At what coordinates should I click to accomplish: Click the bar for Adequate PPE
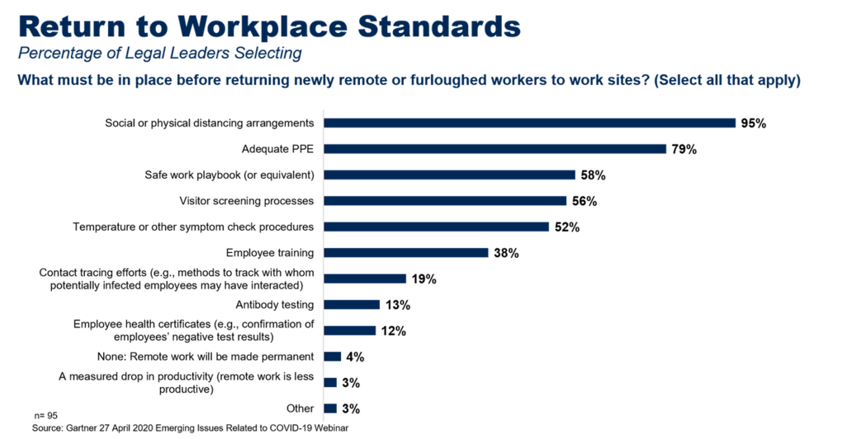coord(494,149)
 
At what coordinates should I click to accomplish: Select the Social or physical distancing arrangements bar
coord(529,123)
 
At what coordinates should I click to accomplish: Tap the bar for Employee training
coord(406,253)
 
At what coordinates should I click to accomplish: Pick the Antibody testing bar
coord(352,305)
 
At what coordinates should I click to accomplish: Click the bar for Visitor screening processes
coord(445,201)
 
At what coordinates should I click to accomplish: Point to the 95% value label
coord(754,123)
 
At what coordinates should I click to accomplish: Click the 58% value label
coord(593,175)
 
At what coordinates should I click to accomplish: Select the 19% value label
coord(423,279)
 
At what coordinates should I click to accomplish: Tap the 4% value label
coord(355,357)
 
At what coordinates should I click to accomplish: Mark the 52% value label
coord(567,227)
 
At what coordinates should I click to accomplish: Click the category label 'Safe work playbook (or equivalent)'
coord(229,174)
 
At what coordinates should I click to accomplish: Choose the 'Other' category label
coord(300,408)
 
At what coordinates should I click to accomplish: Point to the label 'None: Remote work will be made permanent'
coord(205,356)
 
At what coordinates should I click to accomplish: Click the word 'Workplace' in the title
coord(263,27)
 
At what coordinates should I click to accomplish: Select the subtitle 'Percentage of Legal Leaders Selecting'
coord(159,53)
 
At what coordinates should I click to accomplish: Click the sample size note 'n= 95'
coord(45,416)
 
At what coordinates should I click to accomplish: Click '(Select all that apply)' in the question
coord(727,80)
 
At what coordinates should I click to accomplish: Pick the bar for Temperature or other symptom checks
coord(436,227)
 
